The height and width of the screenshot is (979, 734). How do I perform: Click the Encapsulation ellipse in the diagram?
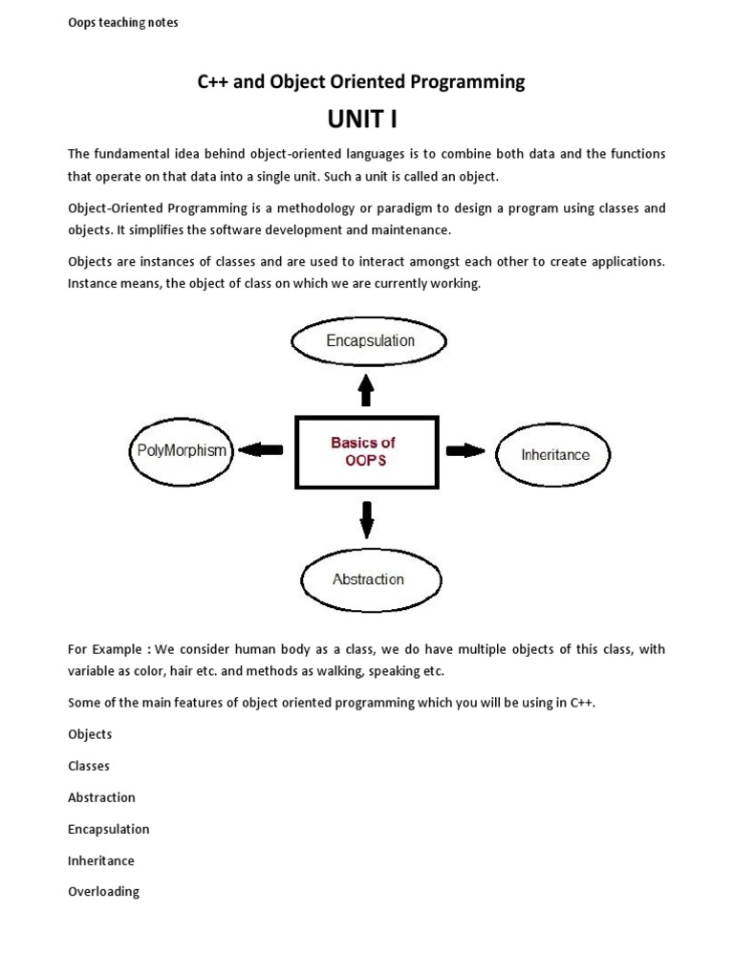tap(370, 340)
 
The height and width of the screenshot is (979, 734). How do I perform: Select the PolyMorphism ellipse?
tap(180, 450)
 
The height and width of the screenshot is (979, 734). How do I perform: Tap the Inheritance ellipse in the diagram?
tap(554, 454)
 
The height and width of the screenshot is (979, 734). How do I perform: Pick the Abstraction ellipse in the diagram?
tap(368, 579)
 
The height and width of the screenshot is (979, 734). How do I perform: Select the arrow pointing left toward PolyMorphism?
tap(261, 449)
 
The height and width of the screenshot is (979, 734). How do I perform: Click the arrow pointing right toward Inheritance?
tap(465, 450)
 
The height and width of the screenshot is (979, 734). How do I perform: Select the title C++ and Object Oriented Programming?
tap(361, 82)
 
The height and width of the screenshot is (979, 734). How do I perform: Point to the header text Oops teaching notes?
tap(122, 23)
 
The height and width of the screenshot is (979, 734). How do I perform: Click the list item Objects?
tap(90, 734)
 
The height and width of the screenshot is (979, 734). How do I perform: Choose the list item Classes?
tap(89, 766)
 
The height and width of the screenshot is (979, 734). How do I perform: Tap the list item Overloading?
tap(103, 891)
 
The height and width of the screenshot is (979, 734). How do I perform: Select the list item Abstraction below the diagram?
tap(101, 797)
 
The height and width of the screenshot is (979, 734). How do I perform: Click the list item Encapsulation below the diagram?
tap(108, 829)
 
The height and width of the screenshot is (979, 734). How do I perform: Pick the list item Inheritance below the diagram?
tap(101, 860)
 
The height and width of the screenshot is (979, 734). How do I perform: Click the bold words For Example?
tap(104, 649)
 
